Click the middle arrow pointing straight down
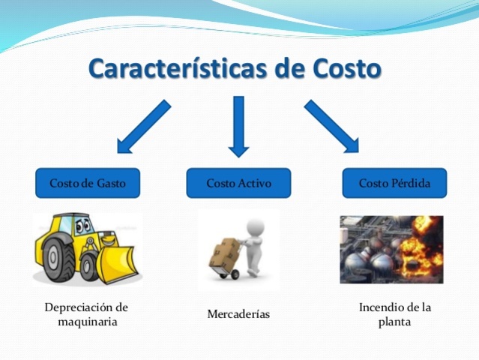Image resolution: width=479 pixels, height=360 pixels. coord(238,126)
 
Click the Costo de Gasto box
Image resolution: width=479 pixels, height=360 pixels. coord(88,183)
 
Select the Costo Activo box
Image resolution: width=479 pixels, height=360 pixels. coord(238,183)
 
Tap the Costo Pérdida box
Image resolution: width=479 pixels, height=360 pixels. coord(394,183)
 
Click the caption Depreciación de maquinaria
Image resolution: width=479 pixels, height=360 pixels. coord(87,314)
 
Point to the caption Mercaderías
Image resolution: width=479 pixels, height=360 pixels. coord(238,314)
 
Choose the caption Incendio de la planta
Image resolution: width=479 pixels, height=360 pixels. coord(395,314)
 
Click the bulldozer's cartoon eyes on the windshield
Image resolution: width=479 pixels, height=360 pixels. coord(80,225)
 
